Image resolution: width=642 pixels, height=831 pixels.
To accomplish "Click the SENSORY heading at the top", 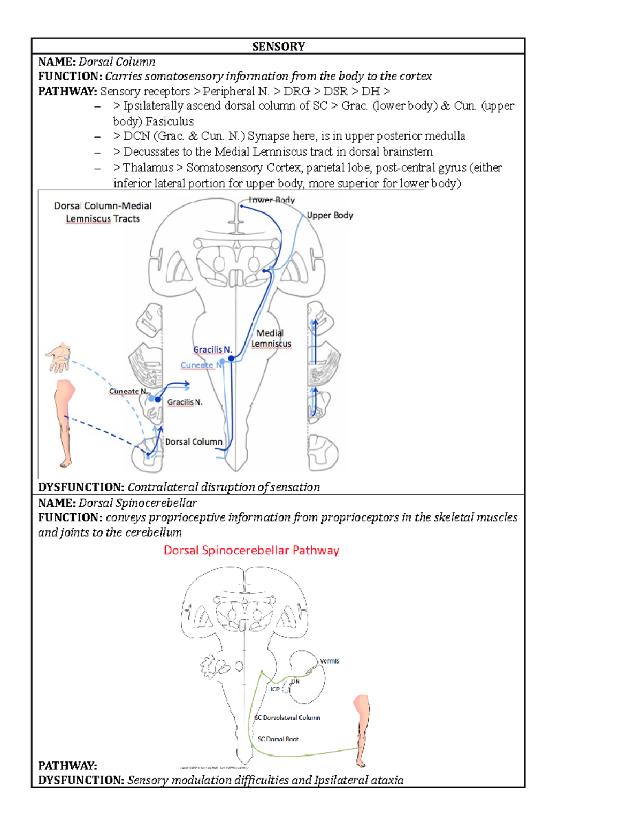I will point(278,47).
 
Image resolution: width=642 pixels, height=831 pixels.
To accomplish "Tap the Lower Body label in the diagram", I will point(272,200).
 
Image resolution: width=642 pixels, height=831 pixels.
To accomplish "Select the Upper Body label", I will point(330,215).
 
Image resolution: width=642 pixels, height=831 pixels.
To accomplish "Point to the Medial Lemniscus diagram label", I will point(271,338).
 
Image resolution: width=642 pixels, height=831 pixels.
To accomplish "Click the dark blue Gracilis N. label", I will point(212,349).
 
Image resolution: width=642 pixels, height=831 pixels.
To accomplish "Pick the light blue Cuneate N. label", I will point(201,365).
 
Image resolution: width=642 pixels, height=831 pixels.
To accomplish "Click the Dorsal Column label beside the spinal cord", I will point(194,442).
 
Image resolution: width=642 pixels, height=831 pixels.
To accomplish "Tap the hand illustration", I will point(59,357).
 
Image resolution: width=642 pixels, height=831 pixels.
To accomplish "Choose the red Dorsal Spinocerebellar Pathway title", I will point(251,551).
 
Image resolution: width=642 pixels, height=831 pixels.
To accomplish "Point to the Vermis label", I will point(329,661).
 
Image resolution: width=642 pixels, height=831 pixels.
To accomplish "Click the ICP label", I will point(275,689).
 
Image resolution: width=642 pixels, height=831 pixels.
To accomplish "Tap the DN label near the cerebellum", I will point(295,681).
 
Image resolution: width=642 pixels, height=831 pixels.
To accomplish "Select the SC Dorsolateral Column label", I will point(288,718).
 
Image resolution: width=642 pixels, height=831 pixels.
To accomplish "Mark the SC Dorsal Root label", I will point(278,739).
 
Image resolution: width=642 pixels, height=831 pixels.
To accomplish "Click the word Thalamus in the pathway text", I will point(148,167).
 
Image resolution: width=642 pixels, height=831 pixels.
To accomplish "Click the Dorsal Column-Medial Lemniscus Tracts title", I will point(103,212).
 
